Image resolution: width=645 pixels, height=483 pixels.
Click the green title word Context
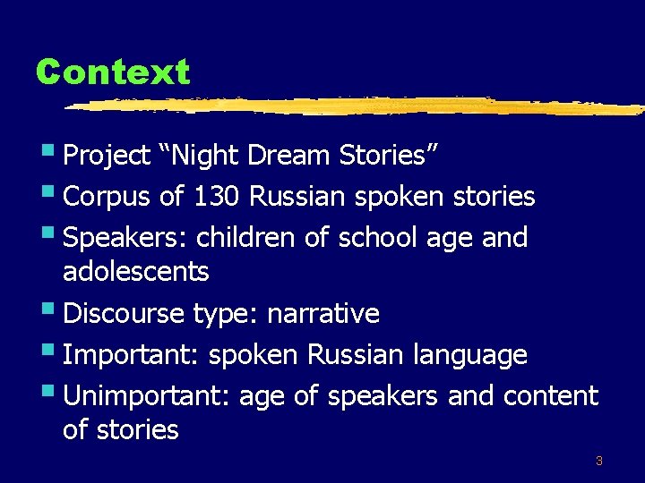pyautogui.click(x=113, y=72)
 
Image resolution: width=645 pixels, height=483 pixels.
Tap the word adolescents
pyautogui.click(x=135, y=271)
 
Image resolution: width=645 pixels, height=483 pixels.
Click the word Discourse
pyautogui.click(x=124, y=314)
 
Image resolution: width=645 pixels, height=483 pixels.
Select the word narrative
pyautogui.click(x=323, y=314)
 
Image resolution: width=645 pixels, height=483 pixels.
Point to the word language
pyautogui.click(x=469, y=355)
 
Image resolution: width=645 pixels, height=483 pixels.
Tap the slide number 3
pyautogui.click(x=598, y=462)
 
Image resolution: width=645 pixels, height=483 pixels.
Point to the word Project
pyautogui.click(x=107, y=156)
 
